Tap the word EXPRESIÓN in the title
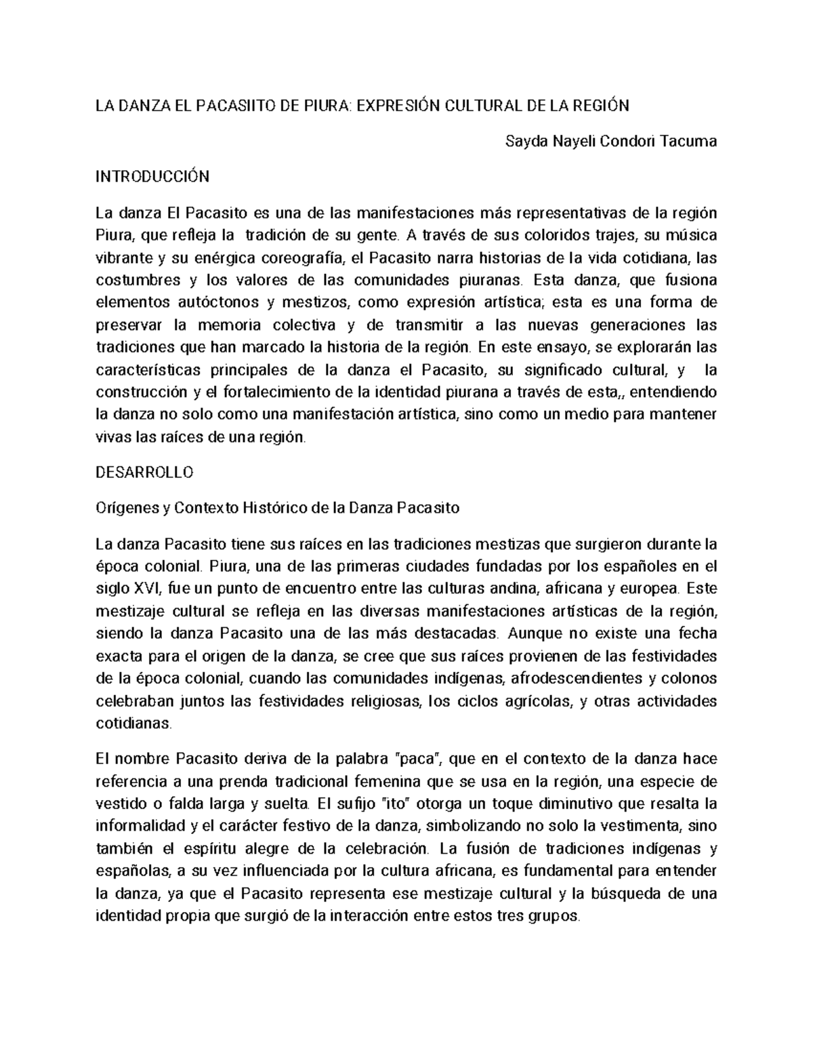(x=394, y=106)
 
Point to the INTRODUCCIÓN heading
(x=152, y=178)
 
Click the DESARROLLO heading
(x=145, y=473)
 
